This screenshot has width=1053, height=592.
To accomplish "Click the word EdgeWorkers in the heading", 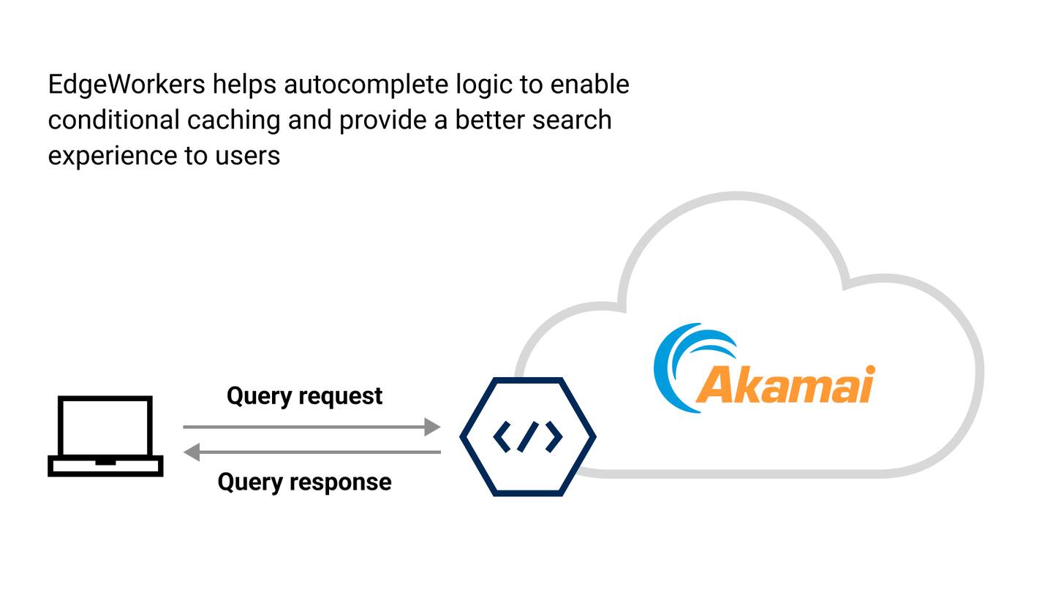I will (x=127, y=85).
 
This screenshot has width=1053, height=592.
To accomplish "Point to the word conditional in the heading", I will (x=113, y=120).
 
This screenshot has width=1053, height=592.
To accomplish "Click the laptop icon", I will (x=105, y=436).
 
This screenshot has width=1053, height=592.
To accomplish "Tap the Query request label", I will (x=304, y=395).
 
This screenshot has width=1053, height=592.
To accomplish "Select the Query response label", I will (x=304, y=482).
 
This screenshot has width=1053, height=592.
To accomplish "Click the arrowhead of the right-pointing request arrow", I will (x=433, y=427).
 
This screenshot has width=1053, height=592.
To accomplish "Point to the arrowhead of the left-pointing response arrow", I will (x=192, y=452).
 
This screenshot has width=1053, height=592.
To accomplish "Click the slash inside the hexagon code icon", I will (x=527, y=436).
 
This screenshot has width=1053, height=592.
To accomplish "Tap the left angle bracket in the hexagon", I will (x=502, y=436).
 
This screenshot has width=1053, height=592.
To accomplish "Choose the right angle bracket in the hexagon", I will (x=554, y=436).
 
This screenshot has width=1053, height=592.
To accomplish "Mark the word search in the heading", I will (x=572, y=120).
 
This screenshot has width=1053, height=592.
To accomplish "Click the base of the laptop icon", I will (x=105, y=466).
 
